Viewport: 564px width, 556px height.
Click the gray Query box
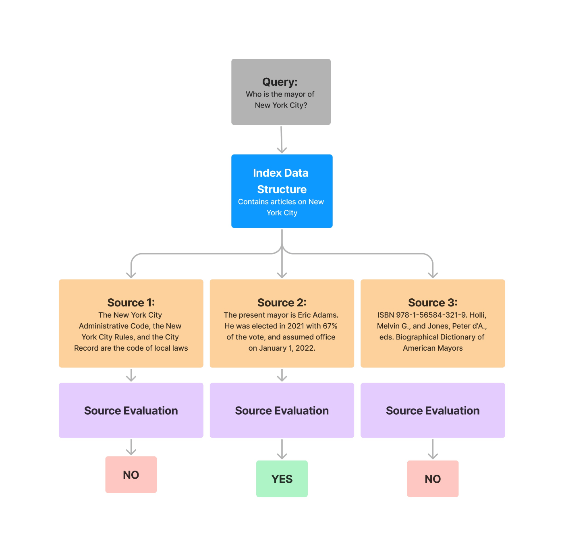click(281, 92)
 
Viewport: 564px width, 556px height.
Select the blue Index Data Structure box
click(282, 191)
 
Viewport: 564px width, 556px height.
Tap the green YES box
click(282, 478)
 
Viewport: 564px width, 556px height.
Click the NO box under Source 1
click(131, 474)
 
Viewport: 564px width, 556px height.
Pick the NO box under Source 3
click(433, 478)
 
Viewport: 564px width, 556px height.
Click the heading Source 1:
click(131, 302)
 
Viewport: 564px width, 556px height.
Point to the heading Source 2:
click(282, 302)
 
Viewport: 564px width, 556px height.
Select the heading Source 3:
click(433, 302)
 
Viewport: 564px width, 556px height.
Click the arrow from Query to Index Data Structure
click(281, 140)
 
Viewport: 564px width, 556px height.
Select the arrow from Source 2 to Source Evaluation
click(282, 375)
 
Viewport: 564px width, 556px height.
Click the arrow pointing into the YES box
click(282, 449)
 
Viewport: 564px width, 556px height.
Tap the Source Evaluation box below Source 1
click(131, 410)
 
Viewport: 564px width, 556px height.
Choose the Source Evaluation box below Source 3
click(433, 410)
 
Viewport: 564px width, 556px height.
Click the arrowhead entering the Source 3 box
click(433, 275)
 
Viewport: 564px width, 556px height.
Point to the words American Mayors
click(433, 348)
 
